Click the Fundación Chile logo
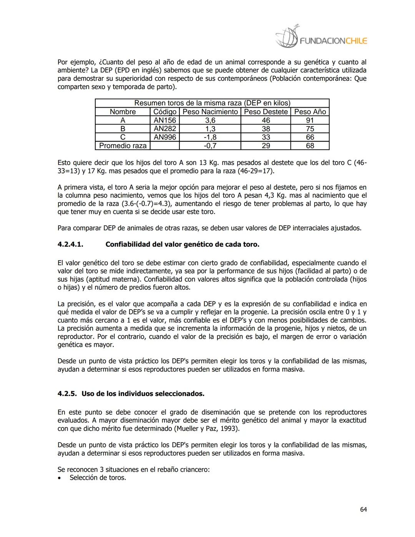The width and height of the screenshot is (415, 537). (321, 38)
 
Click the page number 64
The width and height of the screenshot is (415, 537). (363, 509)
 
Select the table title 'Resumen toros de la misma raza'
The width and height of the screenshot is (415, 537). (212, 103)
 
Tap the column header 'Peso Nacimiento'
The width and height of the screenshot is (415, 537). (210, 112)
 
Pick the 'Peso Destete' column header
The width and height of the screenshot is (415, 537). (266, 112)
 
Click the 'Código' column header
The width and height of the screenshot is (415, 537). (164, 112)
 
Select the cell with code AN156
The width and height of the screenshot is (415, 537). (164, 120)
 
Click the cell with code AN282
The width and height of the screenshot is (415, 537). (164, 129)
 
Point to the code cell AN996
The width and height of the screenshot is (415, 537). (164, 137)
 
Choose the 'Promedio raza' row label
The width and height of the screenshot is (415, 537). (123, 146)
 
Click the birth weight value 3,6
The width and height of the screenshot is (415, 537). (210, 120)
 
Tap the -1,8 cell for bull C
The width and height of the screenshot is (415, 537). (210, 137)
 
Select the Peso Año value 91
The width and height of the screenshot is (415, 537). (310, 120)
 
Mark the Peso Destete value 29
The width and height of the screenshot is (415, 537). (266, 146)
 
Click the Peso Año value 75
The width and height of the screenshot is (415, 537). (310, 129)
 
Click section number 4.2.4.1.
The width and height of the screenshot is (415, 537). (70, 244)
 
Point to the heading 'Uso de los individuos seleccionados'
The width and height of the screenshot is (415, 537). (143, 394)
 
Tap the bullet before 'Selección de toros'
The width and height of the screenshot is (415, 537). (59, 478)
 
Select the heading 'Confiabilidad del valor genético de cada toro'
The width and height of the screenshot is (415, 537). (182, 244)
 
